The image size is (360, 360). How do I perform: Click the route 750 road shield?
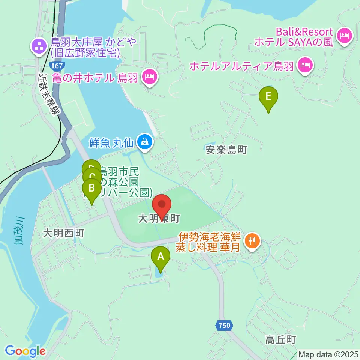[x=224, y=326]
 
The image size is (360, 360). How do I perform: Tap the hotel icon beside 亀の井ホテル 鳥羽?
[x=150, y=77]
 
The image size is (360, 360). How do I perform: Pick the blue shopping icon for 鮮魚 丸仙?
[x=144, y=142]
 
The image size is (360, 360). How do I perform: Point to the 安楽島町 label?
[x=226, y=150]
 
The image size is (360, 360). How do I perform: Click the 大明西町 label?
[x=63, y=233]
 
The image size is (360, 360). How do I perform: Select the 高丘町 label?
[x=281, y=340]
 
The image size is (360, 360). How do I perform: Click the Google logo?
[x=25, y=351]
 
